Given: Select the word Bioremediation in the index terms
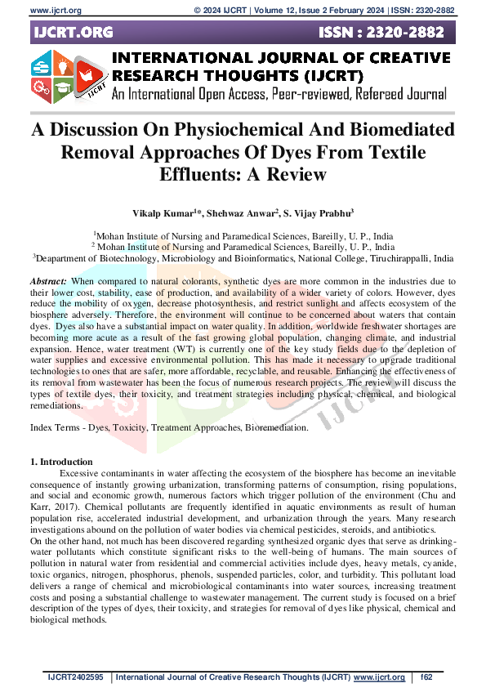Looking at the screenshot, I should (276, 427).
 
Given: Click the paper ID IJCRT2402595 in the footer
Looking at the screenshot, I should (76, 677).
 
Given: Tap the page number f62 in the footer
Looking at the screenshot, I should (427, 677).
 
